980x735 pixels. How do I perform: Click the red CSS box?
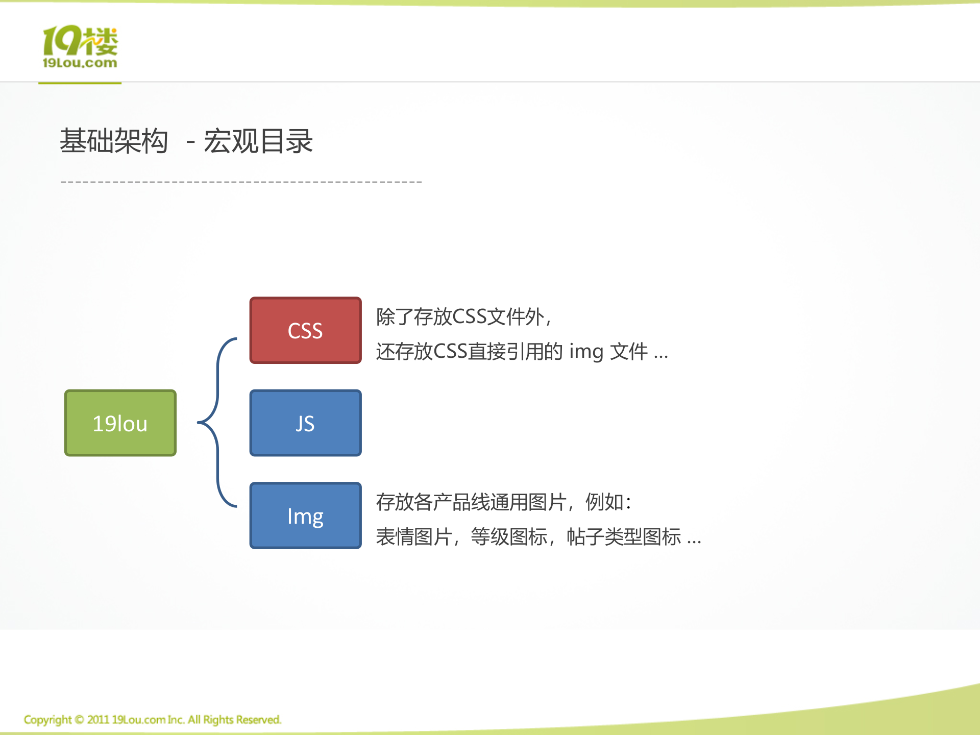[x=305, y=330]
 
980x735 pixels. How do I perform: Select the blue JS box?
[x=305, y=423]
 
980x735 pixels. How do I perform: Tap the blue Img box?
[x=305, y=516]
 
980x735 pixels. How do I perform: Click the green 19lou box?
[x=120, y=423]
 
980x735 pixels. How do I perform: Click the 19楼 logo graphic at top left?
[x=80, y=41]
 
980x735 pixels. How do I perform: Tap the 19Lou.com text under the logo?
[x=80, y=63]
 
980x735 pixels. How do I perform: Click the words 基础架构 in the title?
[x=114, y=141]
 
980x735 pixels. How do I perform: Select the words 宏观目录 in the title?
[x=258, y=141]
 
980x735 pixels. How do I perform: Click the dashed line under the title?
[x=241, y=182]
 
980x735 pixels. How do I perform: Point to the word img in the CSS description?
[x=586, y=352]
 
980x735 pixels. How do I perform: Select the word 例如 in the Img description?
[x=604, y=502]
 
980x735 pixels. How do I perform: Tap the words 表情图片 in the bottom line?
[x=414, y=537]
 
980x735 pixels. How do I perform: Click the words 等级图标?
[x=509, y=537]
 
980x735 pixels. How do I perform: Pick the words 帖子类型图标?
[x=624, y=537]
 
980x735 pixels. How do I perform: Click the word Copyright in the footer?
[x=47, y=720]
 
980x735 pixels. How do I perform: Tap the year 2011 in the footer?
[x=98, y=720]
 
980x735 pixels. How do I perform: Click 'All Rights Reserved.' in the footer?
[x=234, y=720]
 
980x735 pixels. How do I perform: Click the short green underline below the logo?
[x=80, y=83]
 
